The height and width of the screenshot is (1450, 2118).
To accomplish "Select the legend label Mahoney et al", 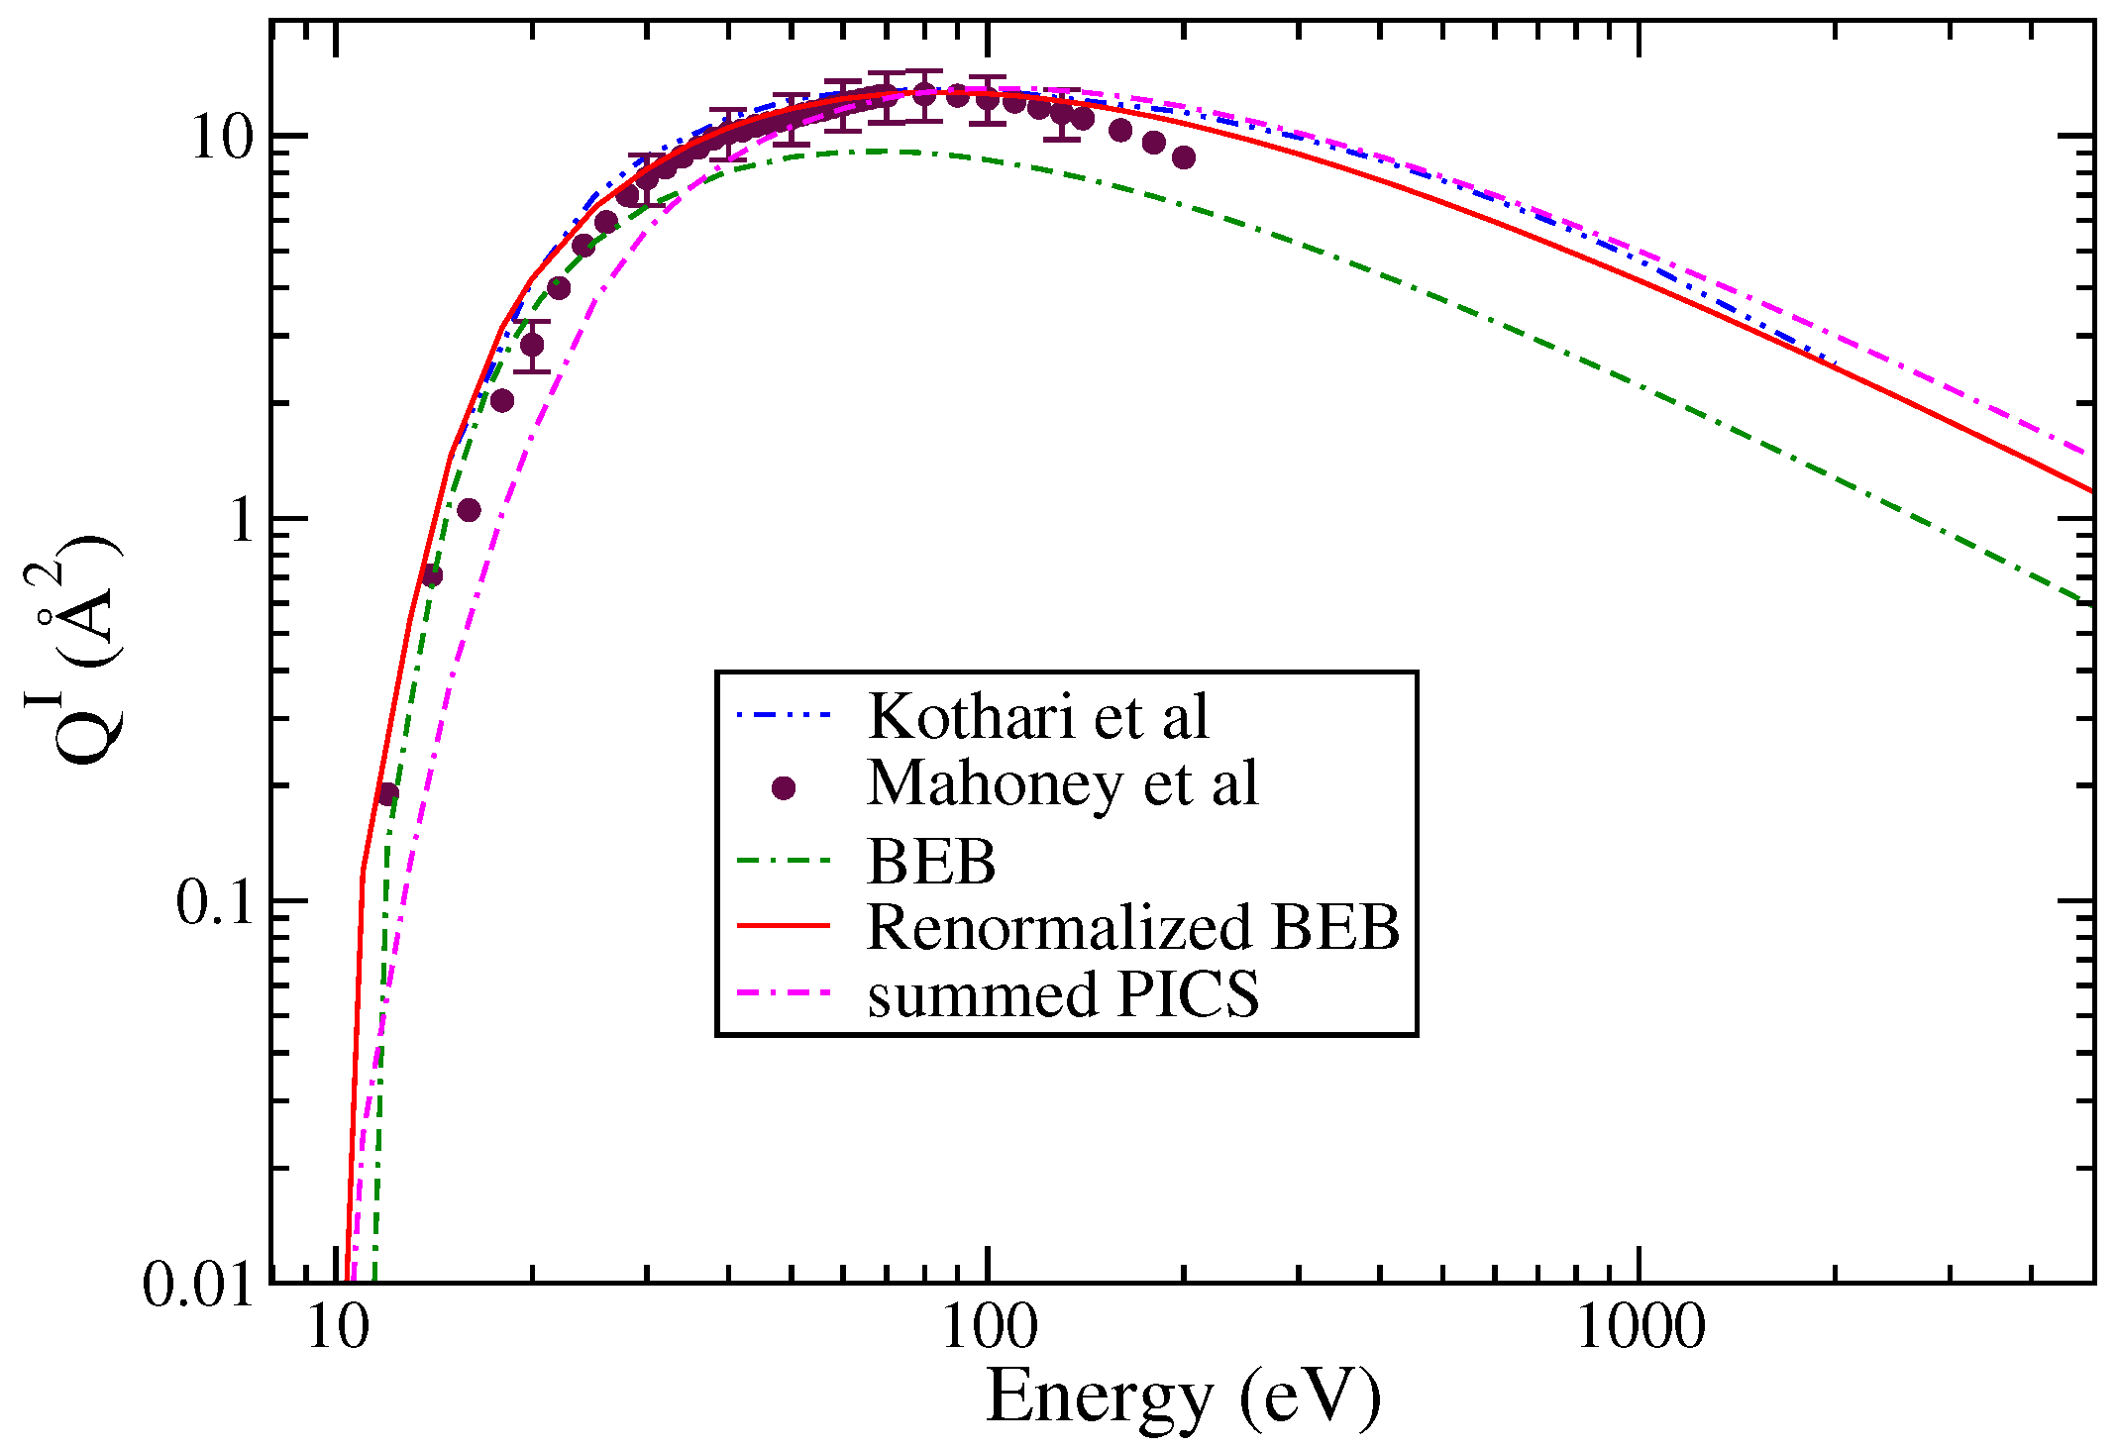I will coord(1062,783).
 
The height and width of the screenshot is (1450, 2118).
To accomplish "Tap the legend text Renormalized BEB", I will coord(1132,927).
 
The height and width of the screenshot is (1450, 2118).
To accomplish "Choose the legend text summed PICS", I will coord(1063,994).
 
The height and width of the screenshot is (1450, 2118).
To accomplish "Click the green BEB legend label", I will coord(930,861).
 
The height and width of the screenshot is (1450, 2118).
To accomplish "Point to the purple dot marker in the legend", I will coord(784,788).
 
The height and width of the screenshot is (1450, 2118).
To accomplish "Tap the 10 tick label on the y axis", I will coord(223,137).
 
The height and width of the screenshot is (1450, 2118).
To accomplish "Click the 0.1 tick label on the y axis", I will coord(215,902).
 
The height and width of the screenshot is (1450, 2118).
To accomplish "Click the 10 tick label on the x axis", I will coord(338,1327).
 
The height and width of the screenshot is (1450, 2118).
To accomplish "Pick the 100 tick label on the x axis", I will coord(989,1327).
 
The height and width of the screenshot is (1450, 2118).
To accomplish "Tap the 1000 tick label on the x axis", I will coord(1640,1327).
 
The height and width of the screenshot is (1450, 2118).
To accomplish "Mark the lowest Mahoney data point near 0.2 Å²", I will coord(386,794).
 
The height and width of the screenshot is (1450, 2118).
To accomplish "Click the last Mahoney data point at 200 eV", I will coord(1183,157).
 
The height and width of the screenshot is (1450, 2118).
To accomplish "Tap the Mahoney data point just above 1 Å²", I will coord(469,510).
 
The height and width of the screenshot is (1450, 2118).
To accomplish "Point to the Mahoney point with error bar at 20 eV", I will coord(532,345).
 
